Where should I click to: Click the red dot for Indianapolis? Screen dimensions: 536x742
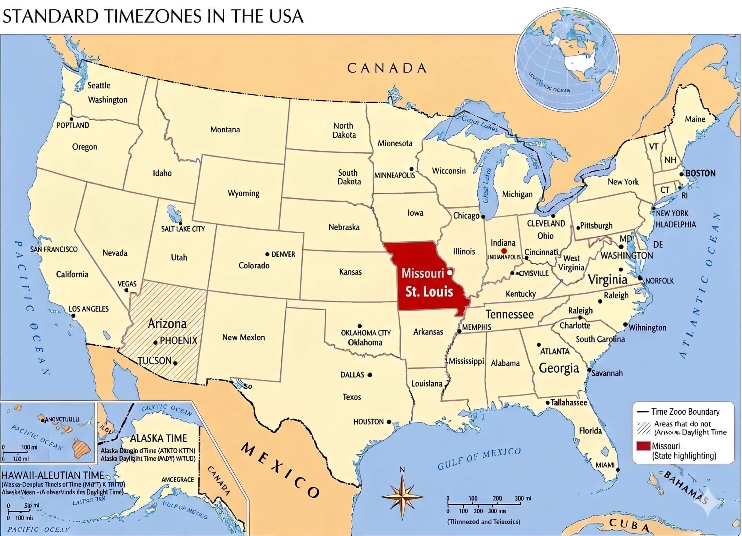point(504,251)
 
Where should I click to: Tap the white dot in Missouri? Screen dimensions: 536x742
point(450,272)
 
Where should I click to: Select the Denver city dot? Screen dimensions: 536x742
point(267,254)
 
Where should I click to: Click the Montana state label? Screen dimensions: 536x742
point(225,130)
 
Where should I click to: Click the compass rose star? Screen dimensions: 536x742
point(402,497)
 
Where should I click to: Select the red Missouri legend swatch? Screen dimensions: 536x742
point(643,446)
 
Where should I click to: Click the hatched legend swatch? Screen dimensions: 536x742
point(643,428)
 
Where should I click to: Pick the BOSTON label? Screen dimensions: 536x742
point(700,173)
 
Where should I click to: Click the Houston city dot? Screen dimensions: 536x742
point(389,422)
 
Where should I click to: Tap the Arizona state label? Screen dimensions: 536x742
point(167,324)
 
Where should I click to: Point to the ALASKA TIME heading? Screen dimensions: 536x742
point(158,438)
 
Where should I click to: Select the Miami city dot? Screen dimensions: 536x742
point(618,470)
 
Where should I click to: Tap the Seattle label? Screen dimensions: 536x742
point(99,85)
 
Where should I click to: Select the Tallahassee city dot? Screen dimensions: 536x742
point(547,402)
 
